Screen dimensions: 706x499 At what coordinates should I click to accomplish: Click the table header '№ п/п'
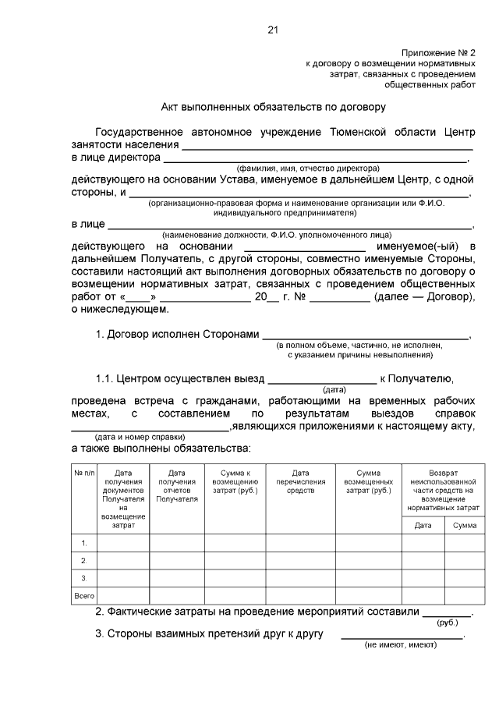point(83,473)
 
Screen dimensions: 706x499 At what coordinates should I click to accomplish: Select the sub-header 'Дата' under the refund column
point(423,526)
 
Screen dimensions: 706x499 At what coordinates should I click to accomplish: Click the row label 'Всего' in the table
point(83,595)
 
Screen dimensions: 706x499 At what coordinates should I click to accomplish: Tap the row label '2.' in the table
point(83,560)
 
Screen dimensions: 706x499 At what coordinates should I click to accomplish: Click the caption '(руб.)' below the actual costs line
point(447,623)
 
